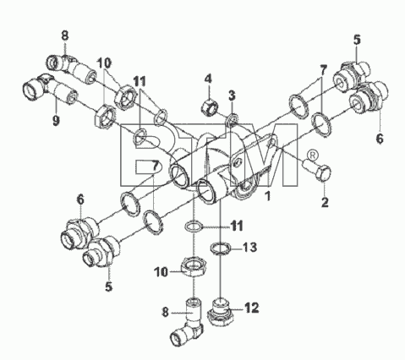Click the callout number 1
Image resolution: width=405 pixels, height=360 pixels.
coord(268,196)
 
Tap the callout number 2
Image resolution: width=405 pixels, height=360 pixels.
coord(325,202)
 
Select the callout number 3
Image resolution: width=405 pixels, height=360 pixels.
coord(232,95)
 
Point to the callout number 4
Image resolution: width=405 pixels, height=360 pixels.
coord(208,79)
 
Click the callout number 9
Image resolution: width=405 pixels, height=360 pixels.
coord(56,121)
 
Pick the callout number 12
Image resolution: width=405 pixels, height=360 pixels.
coord(252,308)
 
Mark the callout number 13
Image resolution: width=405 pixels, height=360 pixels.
coord(250,248)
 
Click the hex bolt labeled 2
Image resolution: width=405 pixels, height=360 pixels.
coord(318,169)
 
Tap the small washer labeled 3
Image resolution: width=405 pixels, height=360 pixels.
coord(233,118)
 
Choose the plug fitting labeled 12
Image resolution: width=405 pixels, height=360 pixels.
coord(221,312)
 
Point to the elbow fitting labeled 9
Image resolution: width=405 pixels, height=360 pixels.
coord(48,90)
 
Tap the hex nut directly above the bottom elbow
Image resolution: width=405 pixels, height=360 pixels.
coord(194,265)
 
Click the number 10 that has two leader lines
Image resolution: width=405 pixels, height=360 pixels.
coord(104,63)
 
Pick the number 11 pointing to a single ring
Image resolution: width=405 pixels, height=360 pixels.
coord(236,226)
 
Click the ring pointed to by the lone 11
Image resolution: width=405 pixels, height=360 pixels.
coord(194,226)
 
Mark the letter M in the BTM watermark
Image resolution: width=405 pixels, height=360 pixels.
coord(264,155)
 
